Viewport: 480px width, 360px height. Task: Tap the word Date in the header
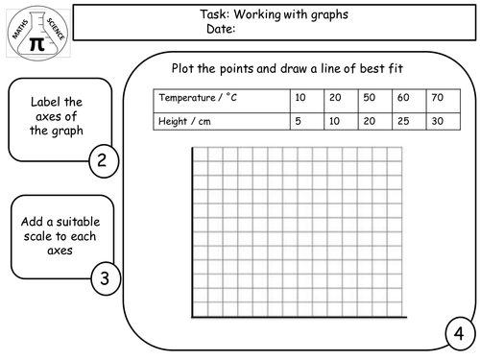pos(220,29)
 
